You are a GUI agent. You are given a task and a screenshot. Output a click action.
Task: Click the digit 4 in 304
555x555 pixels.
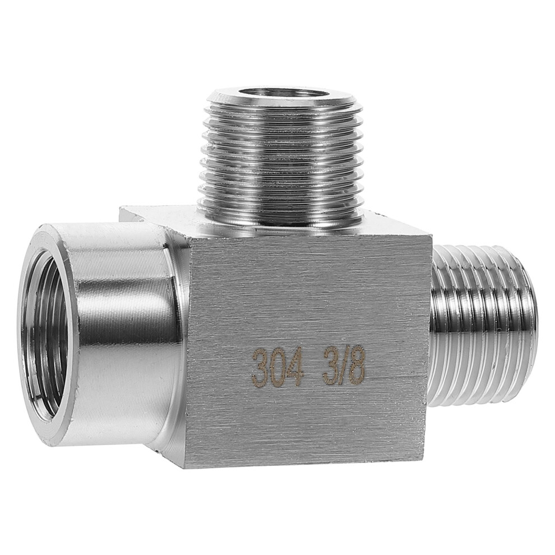(x=295, y=368)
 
